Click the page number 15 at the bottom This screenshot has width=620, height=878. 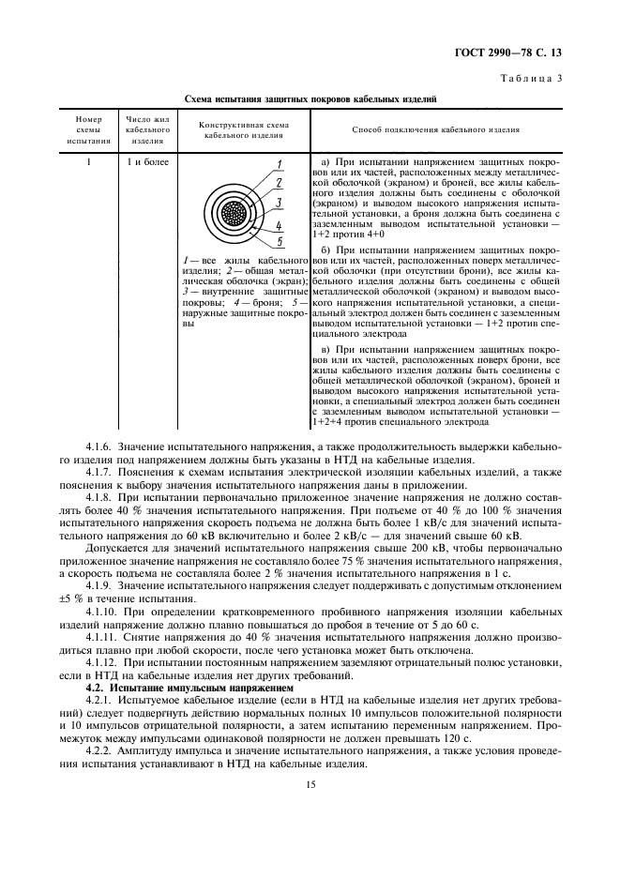(309, 818)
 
